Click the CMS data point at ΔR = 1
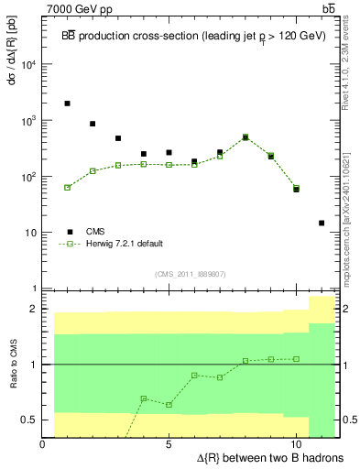(x=68, y=104)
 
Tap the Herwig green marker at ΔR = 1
(x=68, y=187)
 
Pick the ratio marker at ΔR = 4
(x=144, y=398)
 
